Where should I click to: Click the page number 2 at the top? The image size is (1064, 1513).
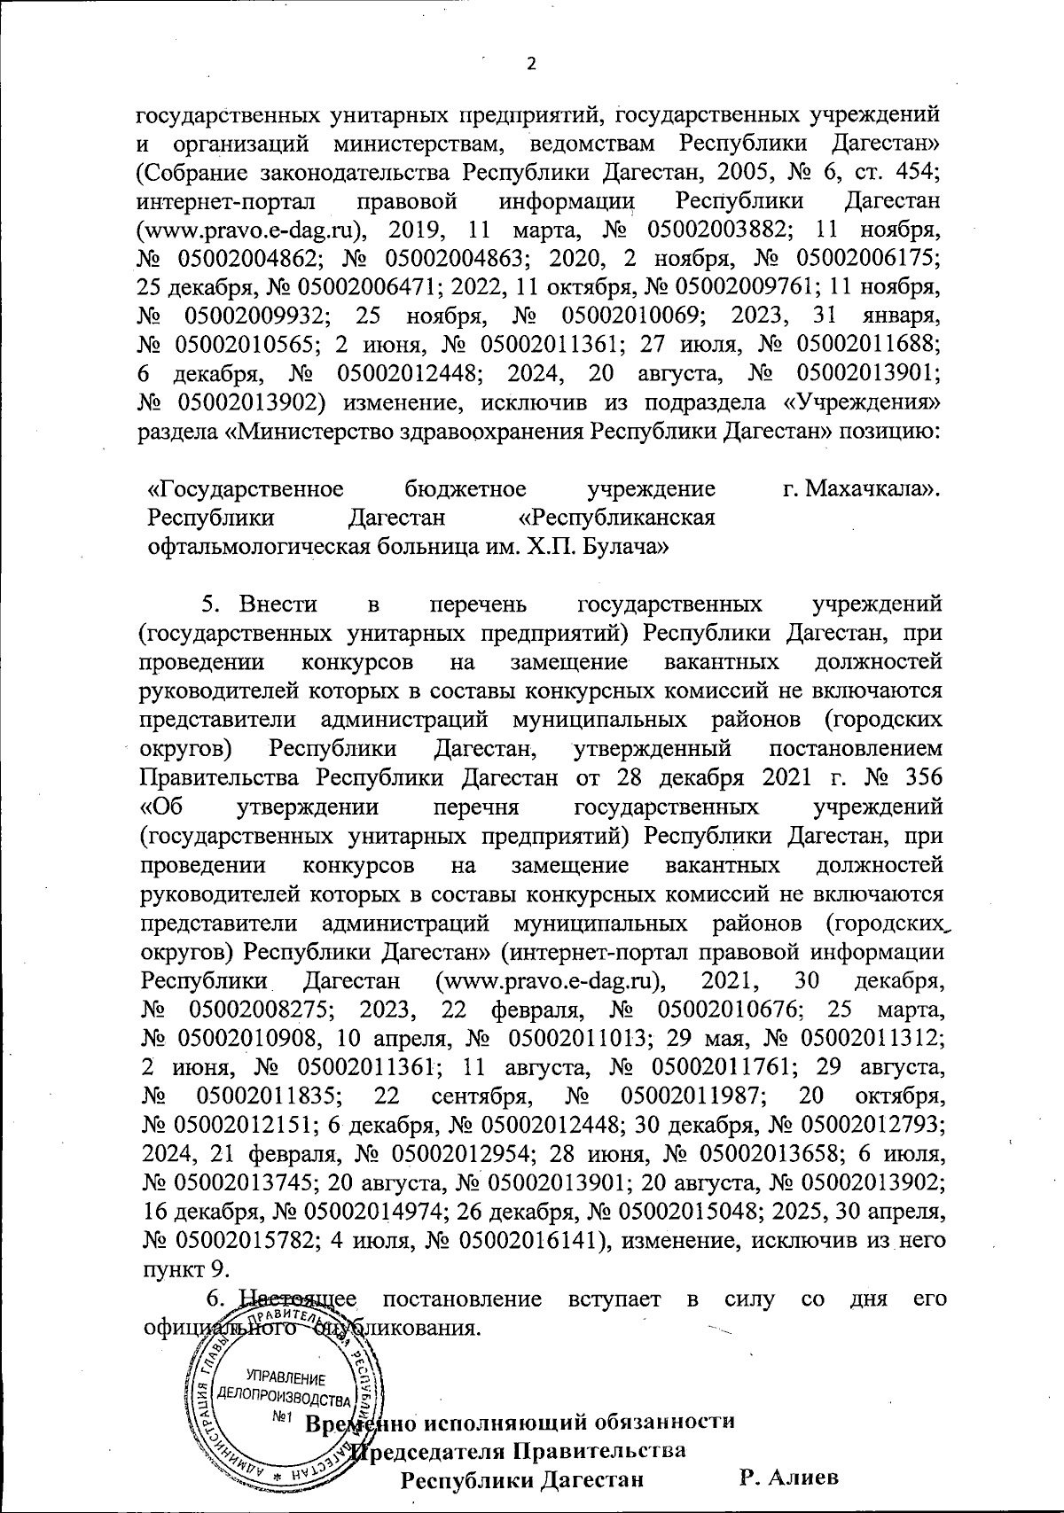coord(532,64)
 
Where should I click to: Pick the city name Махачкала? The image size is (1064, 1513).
coord(876,488)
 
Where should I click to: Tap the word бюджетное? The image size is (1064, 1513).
coord(465,488)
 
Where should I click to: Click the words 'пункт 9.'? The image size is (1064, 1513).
coord(181,1265)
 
